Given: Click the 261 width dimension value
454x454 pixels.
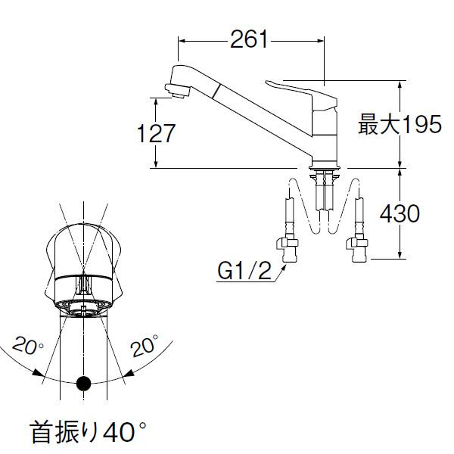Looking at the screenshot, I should click(x=250, y=39).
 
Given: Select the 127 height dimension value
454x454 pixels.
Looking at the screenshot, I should click(x=156, y=133).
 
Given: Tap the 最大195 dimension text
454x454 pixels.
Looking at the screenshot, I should click(x=399, y=125).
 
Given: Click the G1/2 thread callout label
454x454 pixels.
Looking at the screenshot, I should click(x=242, y=269).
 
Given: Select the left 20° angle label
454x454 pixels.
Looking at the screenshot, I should click(x=27, y=347).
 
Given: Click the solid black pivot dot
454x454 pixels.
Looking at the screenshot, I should click(x=84, y=384).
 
